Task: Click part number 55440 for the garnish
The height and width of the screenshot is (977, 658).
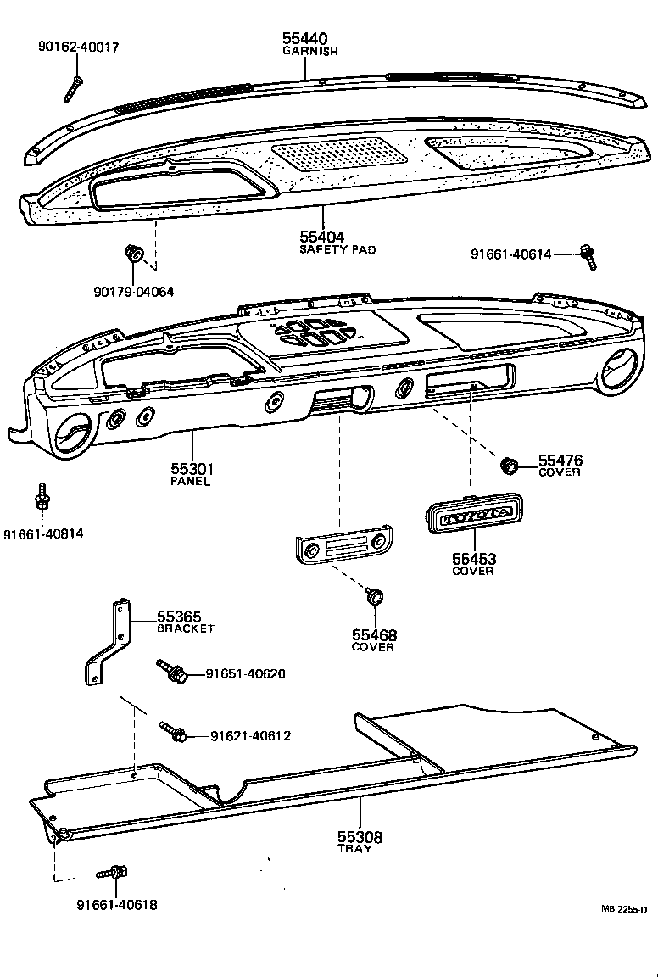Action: pyautogui.click(x=304, y=38)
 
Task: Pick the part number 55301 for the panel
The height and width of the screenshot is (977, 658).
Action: pyautogui.click(x=194, y=469)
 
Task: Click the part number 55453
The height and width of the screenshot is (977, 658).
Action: pyautogui.click(x=474, y=559)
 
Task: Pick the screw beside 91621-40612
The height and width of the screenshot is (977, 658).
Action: pyautogui.click(x=175, y=732)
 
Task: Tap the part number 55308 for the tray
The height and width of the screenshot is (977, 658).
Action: pyautogui.click(x=359, y=837)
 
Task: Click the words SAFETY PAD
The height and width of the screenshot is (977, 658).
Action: pyautogui.click(x=337, y=250)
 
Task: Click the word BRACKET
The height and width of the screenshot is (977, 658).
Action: pyautogui.click(x=185, y=628)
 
